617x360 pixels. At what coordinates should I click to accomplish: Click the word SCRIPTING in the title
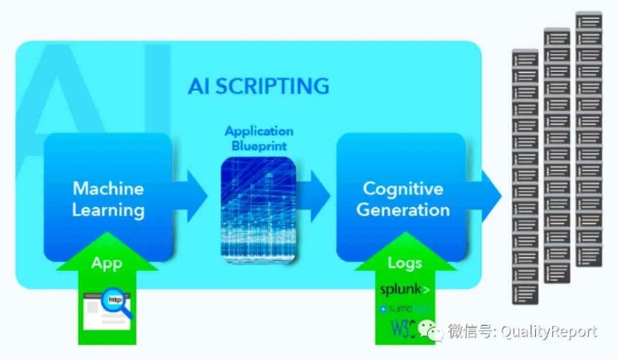tap(272, 86)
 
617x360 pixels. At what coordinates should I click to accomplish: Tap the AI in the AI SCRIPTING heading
tap(199, 86)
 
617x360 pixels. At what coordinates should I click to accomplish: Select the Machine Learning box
tap(108, 199)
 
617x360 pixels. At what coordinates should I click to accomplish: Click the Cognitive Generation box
tap(402, 199)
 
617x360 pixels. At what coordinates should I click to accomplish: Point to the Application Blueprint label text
tap(259, 137)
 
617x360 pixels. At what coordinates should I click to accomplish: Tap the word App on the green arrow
tap(106, 264)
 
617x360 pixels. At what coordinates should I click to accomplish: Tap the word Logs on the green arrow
tap(404, 264)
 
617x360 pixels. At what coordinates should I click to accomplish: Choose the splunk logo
tap(404, 290)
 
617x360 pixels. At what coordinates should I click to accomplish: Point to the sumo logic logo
tap(405, 309)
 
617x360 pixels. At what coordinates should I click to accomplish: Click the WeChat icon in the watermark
tap(434, 332)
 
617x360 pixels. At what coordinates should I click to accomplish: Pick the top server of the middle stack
tap(557, 38)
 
